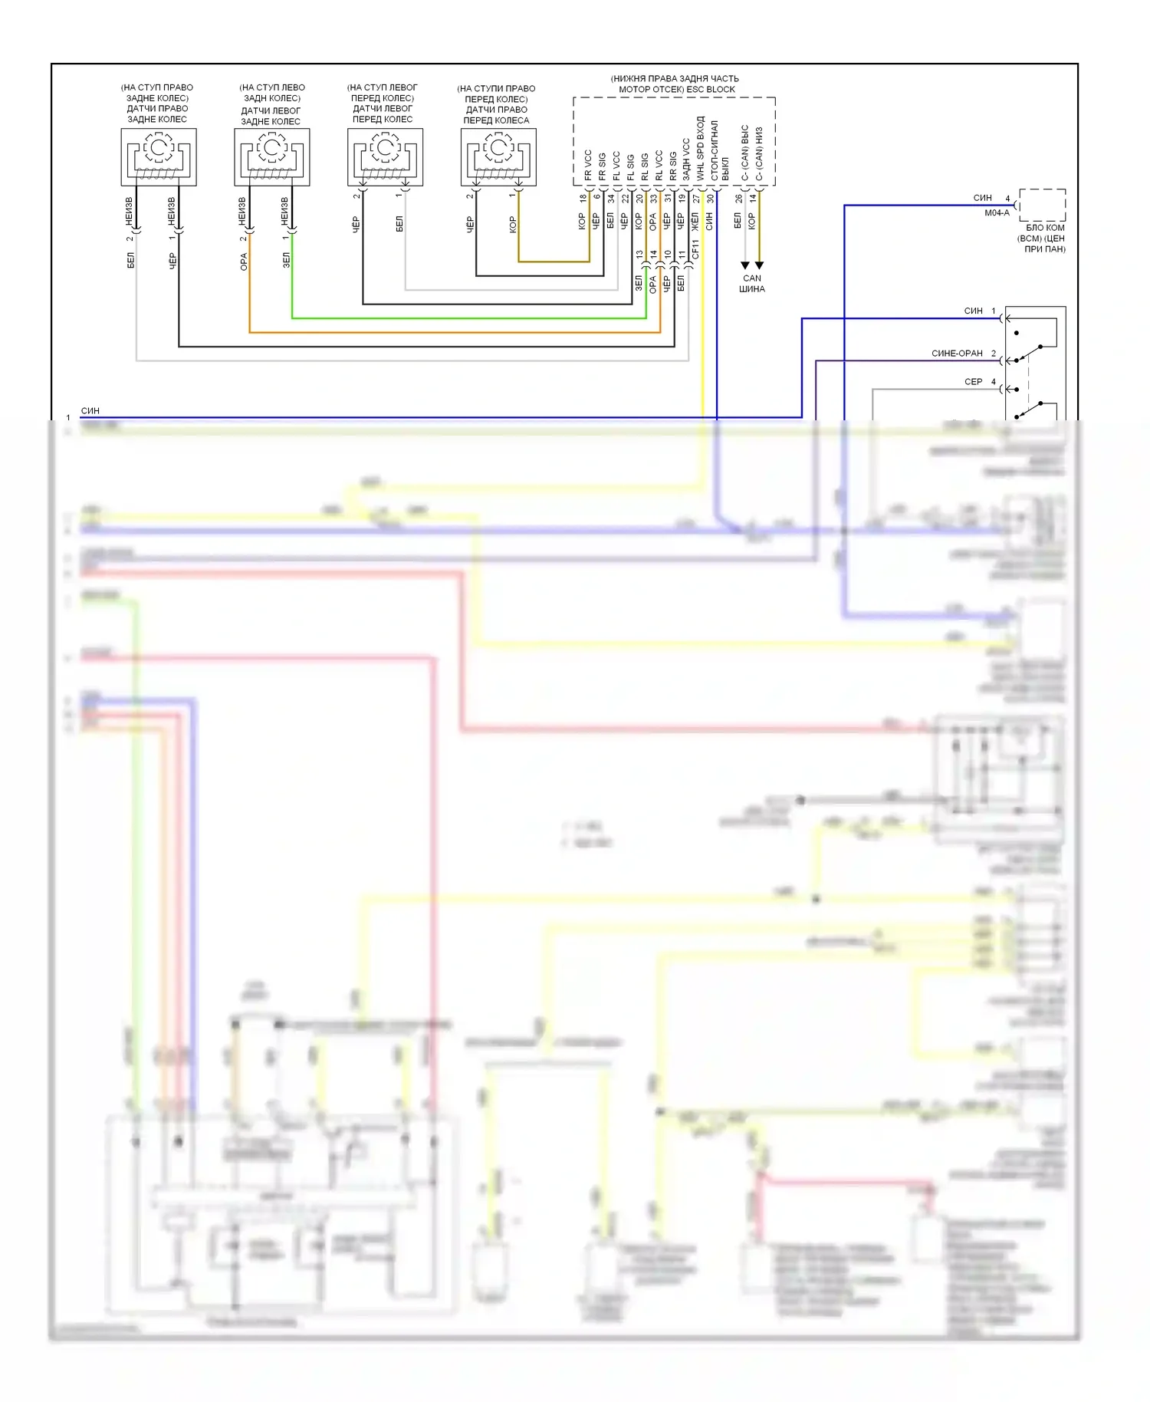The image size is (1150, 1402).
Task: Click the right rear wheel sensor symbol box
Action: [159, 157]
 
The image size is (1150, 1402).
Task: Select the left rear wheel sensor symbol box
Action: [272, 157]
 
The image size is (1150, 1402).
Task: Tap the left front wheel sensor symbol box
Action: [386, 157]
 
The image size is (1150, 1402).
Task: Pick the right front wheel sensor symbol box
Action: [498, 157]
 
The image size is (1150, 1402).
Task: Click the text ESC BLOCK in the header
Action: [710, 89]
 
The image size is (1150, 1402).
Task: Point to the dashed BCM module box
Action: [1042, 205]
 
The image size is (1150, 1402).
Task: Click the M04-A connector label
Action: [997, 213]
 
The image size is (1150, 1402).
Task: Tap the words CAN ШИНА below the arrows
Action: [751, 284]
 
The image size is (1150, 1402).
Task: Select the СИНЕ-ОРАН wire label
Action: [957, 354]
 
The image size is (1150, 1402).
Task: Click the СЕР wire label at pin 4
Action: [973, 382]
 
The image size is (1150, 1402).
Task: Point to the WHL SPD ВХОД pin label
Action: [700, 149]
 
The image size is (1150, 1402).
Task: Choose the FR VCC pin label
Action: [588, 165]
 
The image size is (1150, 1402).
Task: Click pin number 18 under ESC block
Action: [583, 198]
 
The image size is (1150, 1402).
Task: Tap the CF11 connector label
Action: [695, 249]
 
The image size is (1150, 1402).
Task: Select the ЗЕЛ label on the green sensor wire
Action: [287, 260]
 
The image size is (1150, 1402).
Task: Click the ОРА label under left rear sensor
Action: [244, 262]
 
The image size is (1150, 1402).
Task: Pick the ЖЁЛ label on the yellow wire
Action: [695, 222]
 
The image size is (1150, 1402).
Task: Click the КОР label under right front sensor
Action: [513, 224]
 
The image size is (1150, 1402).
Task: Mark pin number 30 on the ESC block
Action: [711, 198]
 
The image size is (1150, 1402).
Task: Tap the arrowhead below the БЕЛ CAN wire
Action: [744, 265]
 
